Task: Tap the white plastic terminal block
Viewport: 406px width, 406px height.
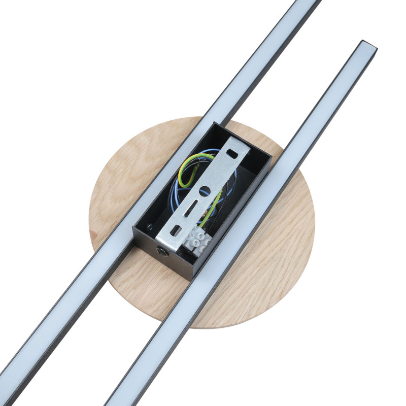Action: (197, 239)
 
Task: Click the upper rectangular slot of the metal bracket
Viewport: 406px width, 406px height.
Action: (233, 152)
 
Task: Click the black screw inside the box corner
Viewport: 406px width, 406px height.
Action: (150, 228)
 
